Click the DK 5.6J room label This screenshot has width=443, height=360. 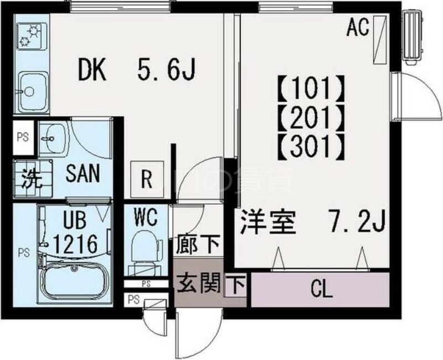pos(137,70)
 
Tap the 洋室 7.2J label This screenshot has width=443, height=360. pos(312,222)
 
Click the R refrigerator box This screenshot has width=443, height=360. pos(146,178)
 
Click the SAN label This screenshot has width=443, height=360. pos(83,174)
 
